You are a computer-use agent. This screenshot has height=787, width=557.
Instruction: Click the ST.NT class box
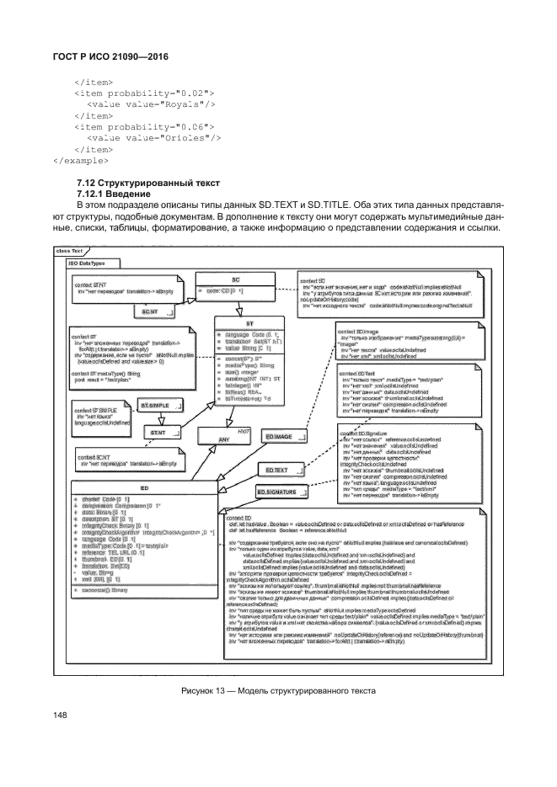click(158, 409)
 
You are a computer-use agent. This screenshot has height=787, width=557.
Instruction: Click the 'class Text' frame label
click(68, 250)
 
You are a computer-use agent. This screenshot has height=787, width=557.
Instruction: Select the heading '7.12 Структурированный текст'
click(147, 183)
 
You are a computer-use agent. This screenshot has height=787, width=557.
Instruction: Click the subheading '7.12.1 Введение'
click(114, 194)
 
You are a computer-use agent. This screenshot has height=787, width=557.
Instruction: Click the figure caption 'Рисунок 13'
click(277, 691)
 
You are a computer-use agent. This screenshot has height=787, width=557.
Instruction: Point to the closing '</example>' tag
click(79, 157)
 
